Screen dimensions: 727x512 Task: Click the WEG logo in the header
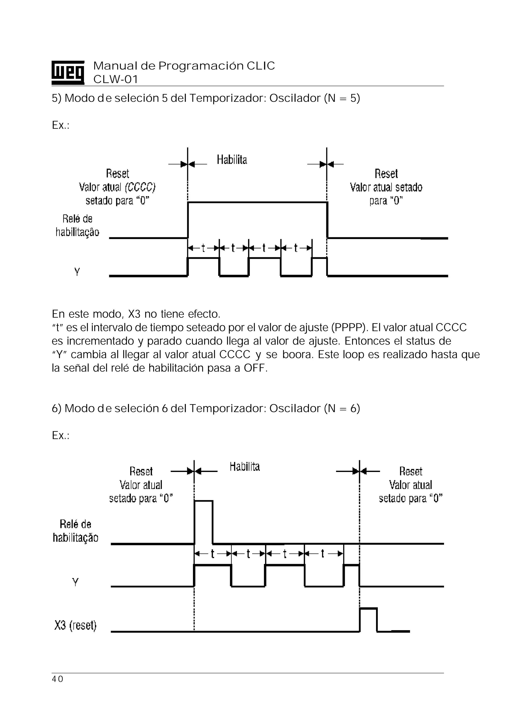68,72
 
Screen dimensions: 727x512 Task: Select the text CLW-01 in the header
115,79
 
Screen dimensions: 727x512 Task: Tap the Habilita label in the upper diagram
232,159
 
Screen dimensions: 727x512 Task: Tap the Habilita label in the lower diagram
244,466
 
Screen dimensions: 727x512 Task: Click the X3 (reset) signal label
75,625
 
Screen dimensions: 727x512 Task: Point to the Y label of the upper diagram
77,272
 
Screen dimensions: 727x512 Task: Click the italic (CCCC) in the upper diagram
140,187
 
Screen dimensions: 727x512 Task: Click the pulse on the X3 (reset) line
368,619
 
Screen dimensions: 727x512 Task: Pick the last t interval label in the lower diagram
323,553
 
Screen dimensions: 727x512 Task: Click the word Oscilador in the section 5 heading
295,98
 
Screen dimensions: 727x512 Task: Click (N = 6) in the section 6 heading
342,408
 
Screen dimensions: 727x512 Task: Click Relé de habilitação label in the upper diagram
77,225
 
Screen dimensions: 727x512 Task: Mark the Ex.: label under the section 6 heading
60,435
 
